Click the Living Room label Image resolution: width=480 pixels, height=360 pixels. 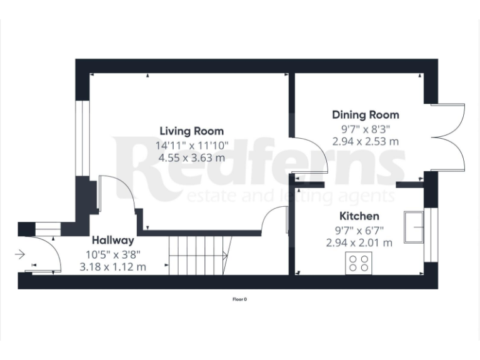pyautogui.click(x=192, y=131)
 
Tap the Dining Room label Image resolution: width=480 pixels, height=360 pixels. pyautogui.click(x=366, y=115)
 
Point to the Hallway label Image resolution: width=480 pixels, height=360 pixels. pyautogui.click(x=113, y=240)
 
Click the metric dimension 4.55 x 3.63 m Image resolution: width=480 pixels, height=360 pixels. pyautogui.click(x=192, y=157)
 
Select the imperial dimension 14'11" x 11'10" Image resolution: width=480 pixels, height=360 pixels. pyautogui.click(x=192, y=145)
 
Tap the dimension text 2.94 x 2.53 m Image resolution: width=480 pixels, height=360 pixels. pyautogui.click(x=366, y=141)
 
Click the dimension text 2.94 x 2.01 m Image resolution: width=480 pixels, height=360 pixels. pyautogui.click(x=359, y=242)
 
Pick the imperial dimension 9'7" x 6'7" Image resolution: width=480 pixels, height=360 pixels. pyautogui.click(x=359, y=230)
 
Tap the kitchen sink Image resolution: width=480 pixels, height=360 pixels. pyautogui.click(x=414, y=227)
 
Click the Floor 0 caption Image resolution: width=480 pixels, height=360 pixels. pyautogui.click(x=240, y=299)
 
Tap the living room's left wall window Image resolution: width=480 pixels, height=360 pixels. pyautogui.click(x=80, y=137)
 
